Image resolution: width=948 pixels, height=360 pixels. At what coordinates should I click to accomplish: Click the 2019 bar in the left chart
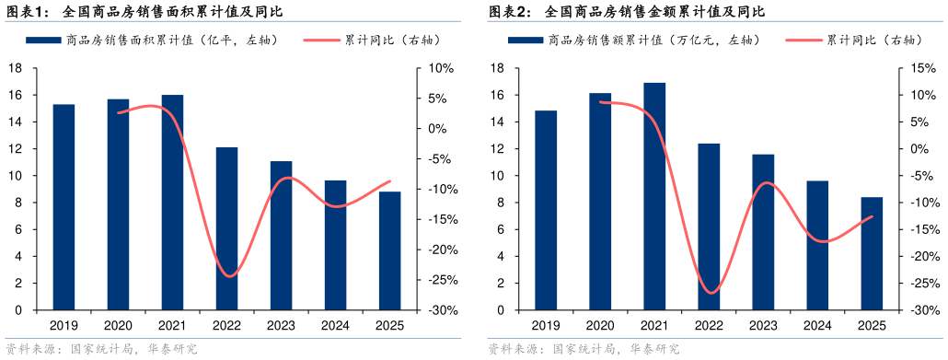64,207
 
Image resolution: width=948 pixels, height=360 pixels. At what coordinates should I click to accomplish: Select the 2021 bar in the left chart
172,203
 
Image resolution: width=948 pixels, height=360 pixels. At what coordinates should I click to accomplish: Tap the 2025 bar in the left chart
389,250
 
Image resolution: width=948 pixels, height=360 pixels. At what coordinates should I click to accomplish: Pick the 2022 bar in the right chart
709,226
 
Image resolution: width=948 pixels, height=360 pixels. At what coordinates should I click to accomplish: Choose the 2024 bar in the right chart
817,245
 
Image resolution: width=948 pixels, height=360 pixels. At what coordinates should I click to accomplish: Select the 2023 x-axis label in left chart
281,325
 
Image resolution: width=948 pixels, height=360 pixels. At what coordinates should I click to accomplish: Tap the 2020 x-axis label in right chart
600,325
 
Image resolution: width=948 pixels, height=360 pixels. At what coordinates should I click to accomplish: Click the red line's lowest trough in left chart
228,275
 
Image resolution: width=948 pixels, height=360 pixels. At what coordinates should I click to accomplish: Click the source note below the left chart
101,349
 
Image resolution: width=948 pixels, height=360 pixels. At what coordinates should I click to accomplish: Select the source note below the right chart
583,349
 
